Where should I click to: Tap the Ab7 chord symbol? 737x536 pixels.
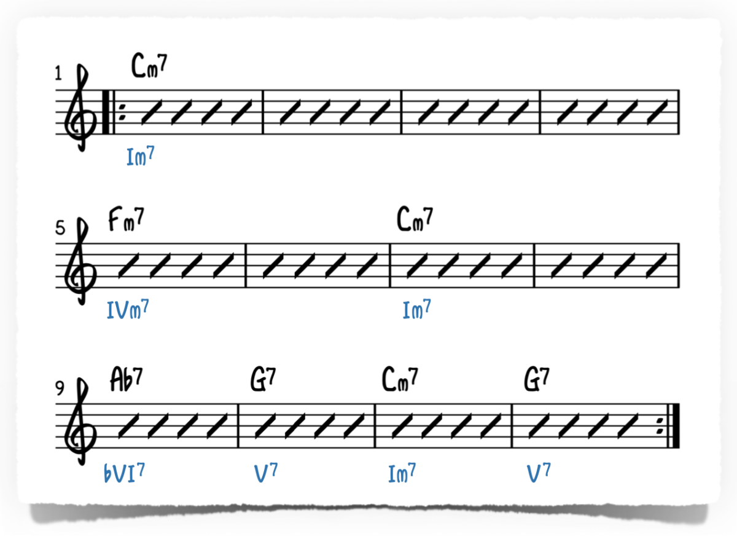pos(127,379)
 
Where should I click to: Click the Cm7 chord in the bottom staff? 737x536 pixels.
pos(400,379)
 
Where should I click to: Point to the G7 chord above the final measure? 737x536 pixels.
pos(537,379)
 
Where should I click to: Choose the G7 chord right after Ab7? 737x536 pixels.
pos(263,379)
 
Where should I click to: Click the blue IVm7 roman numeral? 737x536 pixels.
pos(128,310)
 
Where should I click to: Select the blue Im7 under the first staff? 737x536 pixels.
pos(140,157)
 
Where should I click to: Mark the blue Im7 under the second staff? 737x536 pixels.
pos(416,309)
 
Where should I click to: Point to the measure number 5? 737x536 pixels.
pos(60,229)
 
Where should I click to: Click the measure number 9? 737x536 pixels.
pos(60,388)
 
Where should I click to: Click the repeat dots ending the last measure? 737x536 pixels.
pos(660,425)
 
